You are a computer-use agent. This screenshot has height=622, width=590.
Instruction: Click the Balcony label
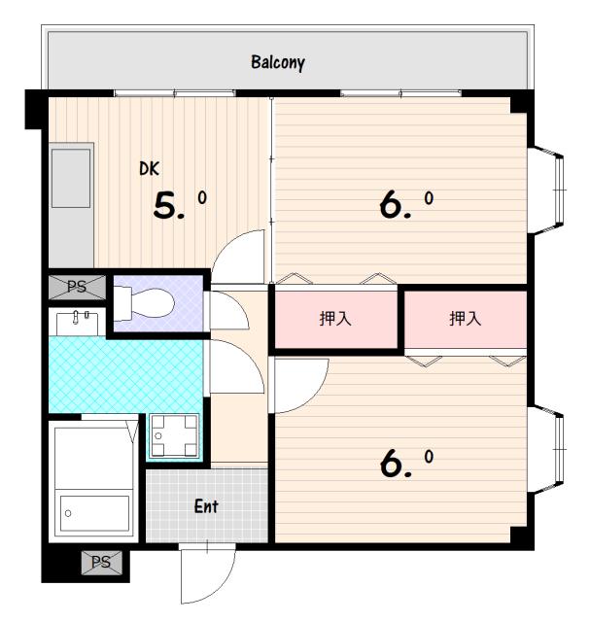[278, 62]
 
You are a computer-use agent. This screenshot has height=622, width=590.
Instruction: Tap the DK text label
[149, 168]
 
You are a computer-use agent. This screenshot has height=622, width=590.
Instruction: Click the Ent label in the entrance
[206, 506]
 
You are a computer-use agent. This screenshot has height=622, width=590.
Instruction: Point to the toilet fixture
[144, 303]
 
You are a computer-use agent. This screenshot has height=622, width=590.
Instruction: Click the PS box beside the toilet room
[77, 288]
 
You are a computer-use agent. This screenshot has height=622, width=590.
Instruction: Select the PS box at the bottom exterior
[102, 562]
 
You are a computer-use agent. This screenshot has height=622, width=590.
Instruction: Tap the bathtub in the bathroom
[94, 513]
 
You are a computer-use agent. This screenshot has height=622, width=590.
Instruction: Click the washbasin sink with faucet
[78, 324]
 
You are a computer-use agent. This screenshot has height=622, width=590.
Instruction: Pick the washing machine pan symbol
[174, 435]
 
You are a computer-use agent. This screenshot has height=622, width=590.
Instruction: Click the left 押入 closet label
[335, 318]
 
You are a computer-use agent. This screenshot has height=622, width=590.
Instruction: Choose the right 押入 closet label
[465, 318]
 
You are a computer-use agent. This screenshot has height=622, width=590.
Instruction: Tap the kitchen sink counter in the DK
[71, 205]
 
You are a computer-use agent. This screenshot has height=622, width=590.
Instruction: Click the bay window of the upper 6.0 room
[546, 190]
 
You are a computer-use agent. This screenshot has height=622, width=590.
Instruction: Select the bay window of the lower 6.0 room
[546, 449]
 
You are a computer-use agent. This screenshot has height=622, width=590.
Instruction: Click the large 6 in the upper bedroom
[391, 205]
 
